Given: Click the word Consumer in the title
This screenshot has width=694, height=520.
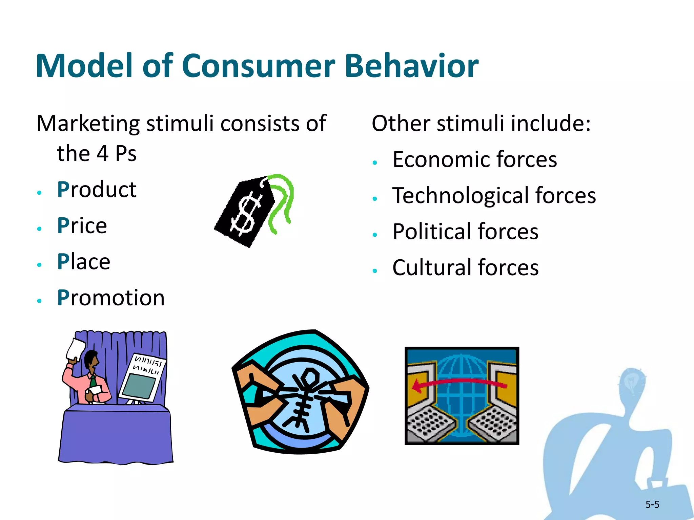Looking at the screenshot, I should click(258, 66).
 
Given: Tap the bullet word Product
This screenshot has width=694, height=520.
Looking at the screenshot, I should click(97, 190).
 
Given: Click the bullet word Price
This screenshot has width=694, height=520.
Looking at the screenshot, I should click(82, 226).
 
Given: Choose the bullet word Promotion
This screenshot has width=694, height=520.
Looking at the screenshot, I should click(110, 298).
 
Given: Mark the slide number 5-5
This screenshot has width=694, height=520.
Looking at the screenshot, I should click(652, 505).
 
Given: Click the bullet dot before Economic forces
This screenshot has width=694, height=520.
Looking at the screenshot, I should click(374, 163).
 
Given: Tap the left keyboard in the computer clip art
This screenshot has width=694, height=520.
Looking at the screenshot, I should click(429, 424).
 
